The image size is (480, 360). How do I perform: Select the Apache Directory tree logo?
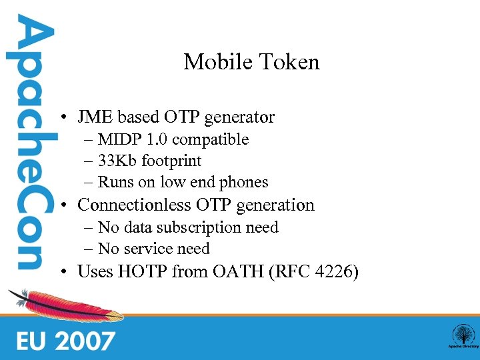[462, 336]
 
